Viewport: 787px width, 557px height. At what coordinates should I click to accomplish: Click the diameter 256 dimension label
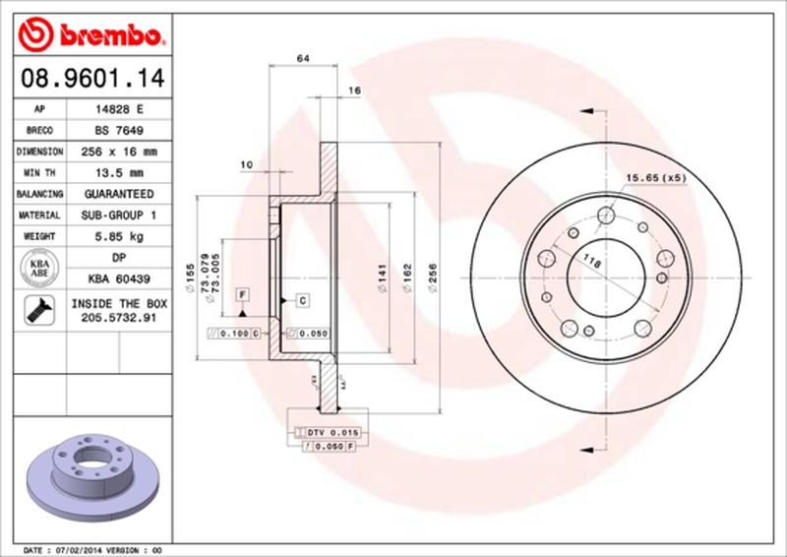click(433, 285)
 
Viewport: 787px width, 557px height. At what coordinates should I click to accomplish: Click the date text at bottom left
click(91, 549)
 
